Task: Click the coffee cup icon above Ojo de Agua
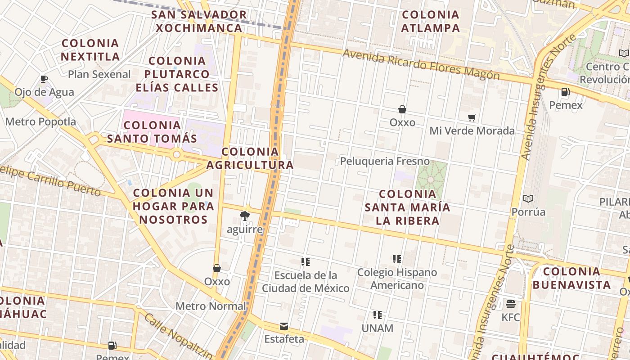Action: [44, 79]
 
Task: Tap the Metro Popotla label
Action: [40, 121]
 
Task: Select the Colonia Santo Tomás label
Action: [152, 132]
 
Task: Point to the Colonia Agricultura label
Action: [250, 158]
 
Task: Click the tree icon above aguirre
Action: [245, 216]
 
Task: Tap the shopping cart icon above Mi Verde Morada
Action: [472, 118]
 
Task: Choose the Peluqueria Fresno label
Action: [385, 161]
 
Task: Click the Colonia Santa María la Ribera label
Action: [408, 207]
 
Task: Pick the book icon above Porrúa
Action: [528, 198]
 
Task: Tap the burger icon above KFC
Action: [510, 304]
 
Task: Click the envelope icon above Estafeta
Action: [284, 326]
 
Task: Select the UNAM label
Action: [378, 328]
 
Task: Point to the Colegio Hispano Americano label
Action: [397, 279]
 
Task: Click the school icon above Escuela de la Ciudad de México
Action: [306, 261]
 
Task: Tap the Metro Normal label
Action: [211, 306]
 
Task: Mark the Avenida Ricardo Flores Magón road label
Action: [421, 64]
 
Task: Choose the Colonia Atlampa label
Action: [431, 21]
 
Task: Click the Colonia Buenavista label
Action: [571, 278]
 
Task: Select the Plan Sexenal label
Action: [99, 74]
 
